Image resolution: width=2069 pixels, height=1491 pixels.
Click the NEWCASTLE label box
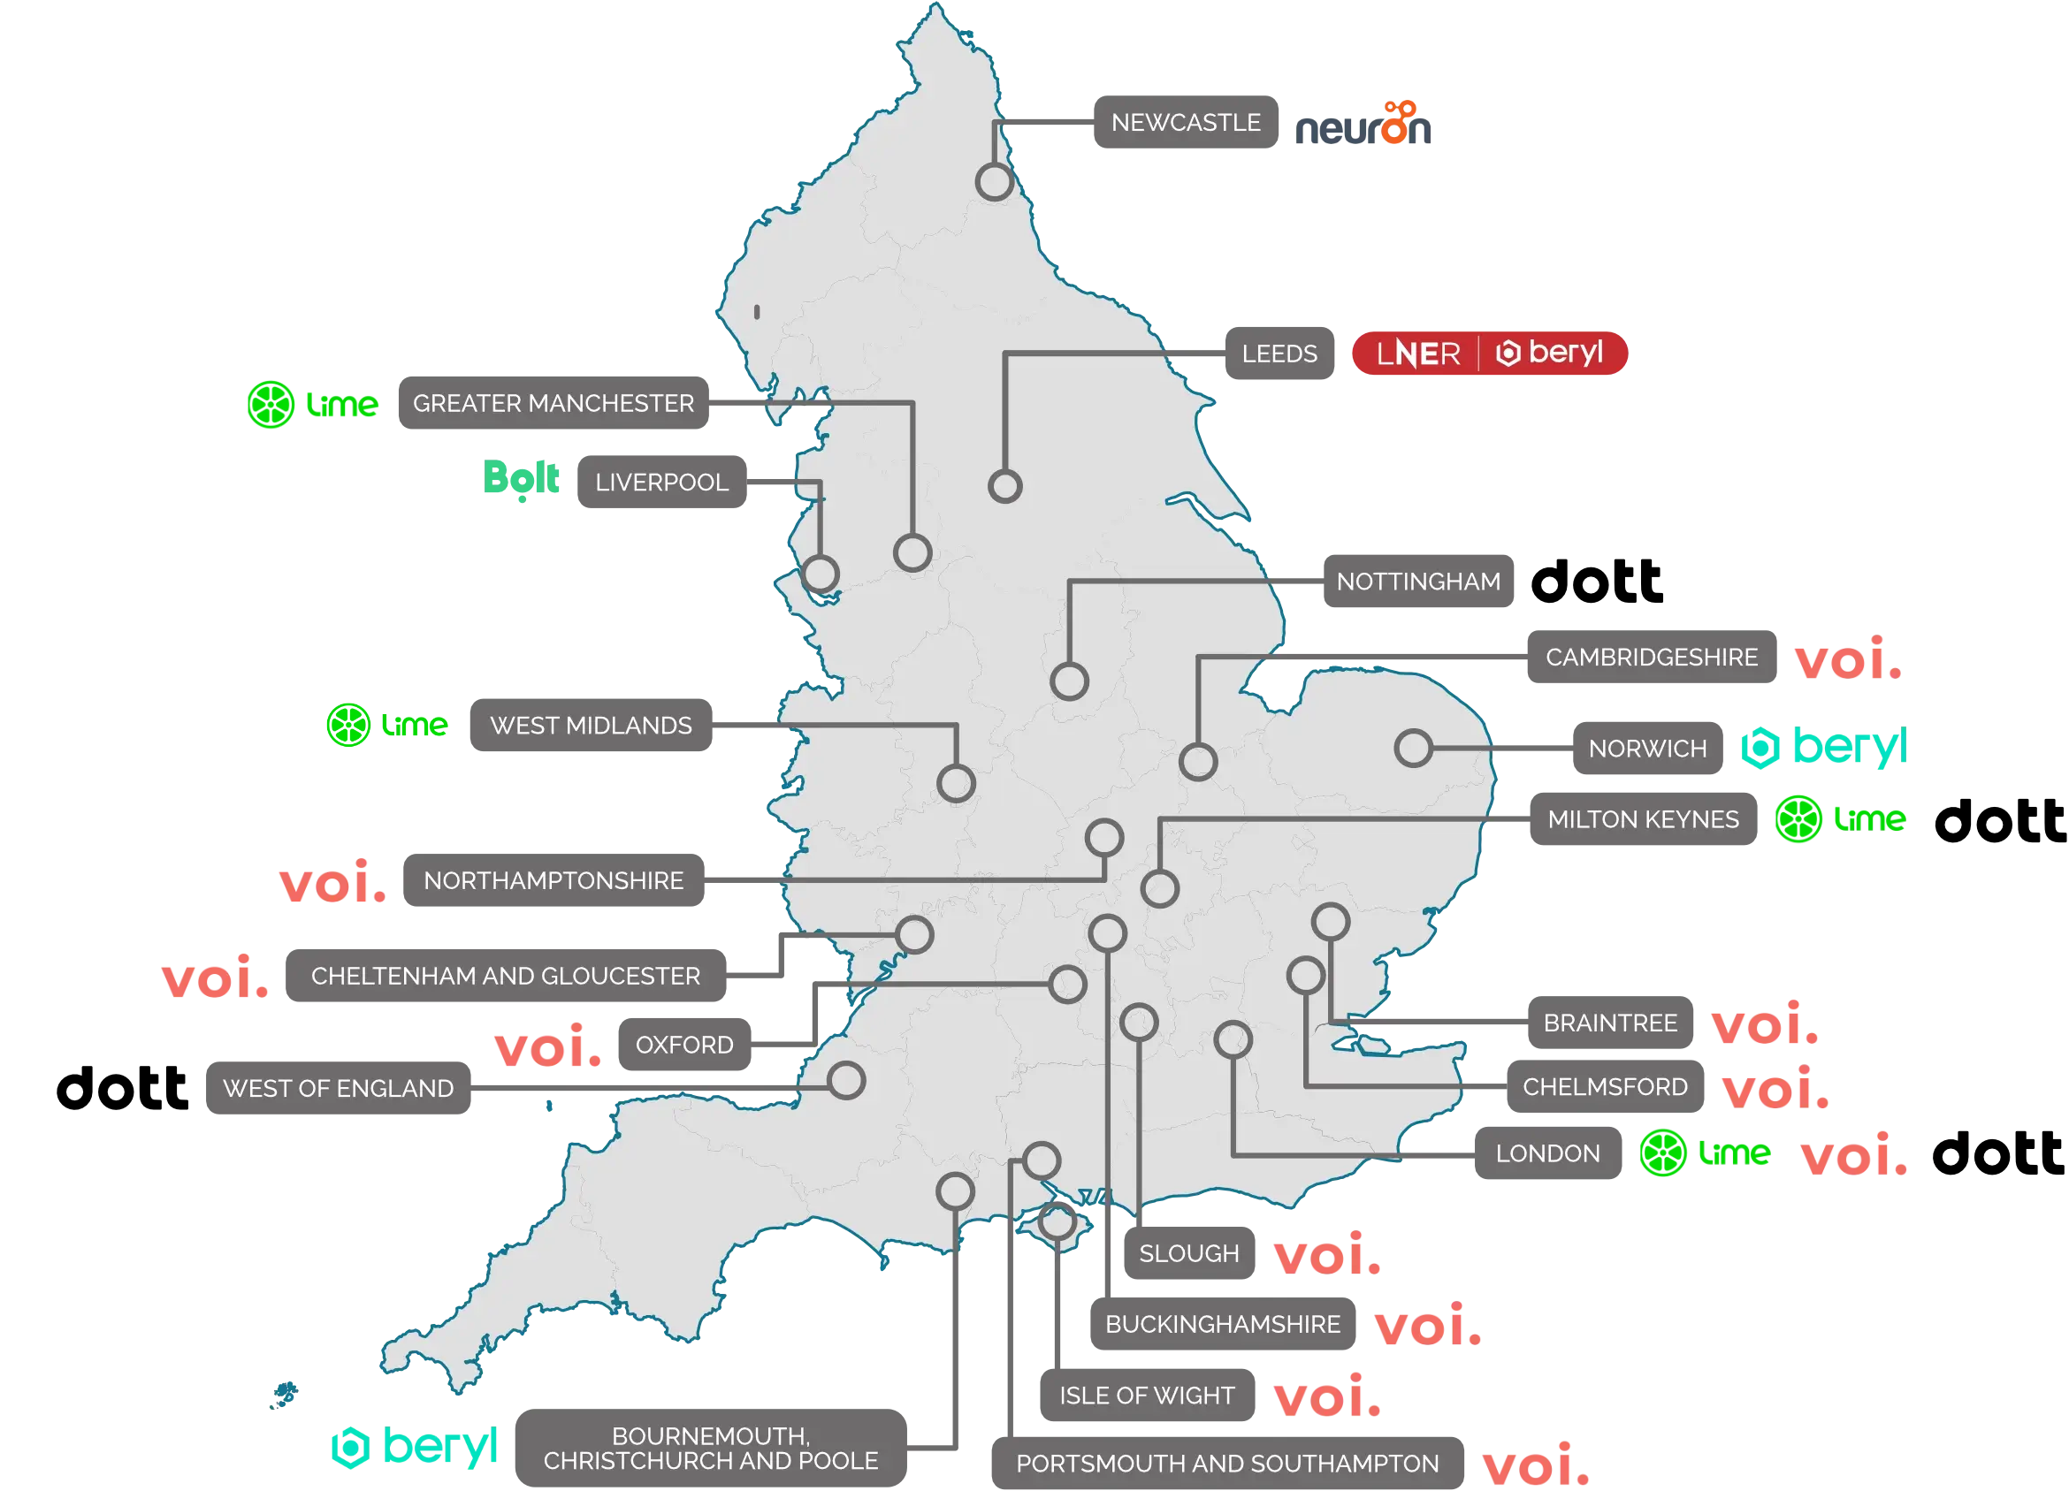[x=1184, y=122]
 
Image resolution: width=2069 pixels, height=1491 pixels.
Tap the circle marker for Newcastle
[x=995, y=181]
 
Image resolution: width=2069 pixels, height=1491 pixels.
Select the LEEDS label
[x=1279, y=354]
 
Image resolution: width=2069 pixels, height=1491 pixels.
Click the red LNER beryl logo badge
[x=1490, y=353]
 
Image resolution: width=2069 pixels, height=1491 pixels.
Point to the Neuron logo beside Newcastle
[x=1363, y=126]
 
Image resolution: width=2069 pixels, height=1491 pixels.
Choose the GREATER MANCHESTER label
[x=553, y=403]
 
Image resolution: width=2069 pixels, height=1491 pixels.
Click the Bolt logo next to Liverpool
[x=522, y=480]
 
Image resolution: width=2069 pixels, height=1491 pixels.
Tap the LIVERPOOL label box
[x=661, y=482]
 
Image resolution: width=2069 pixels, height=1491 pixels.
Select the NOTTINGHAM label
[x=1418, y=581]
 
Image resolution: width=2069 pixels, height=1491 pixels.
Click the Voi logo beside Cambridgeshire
[x=1846, y=658]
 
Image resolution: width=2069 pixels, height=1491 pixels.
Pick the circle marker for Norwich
[x=1413, y=748]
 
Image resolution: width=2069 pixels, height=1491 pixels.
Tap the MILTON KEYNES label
[x=1643, y=820]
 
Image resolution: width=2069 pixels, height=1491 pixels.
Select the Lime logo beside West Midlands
[x=387, y=725]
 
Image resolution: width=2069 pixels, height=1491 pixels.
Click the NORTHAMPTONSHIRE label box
[x=554, y=881]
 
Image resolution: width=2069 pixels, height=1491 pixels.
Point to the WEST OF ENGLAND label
[x=339, y=1089]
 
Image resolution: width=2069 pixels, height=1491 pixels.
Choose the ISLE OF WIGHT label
[x=1147, y=1396]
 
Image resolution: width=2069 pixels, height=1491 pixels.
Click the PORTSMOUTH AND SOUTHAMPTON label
[x=1227, y=1464]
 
